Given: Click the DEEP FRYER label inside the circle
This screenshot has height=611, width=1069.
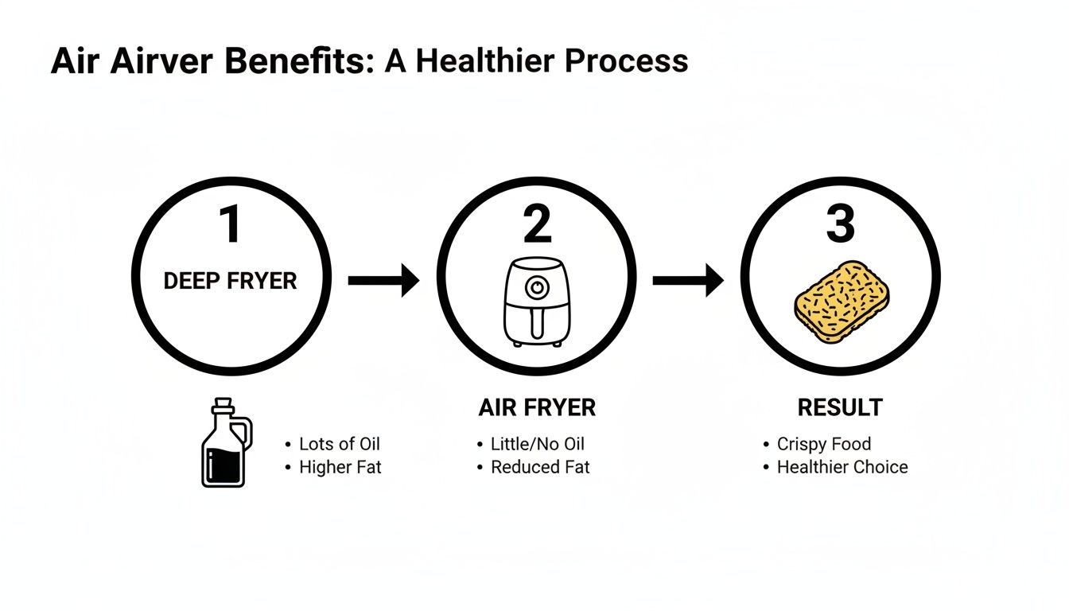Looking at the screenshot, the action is point(230,281).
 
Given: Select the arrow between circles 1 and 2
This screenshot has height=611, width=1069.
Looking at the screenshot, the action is point(383,280).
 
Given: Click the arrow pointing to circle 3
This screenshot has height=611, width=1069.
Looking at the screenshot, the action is point(688,280).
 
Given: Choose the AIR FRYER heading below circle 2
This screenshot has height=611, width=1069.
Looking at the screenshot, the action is point(537,408).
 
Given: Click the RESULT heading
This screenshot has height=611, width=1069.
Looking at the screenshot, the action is point(840,408).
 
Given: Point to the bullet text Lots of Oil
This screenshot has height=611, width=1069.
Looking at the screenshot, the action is point(340,444).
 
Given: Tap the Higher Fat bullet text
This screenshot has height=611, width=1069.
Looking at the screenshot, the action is point(340,467).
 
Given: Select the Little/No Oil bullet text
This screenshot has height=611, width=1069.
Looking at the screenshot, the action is point(538,444).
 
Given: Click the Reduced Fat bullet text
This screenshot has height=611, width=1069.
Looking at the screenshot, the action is point(540,467).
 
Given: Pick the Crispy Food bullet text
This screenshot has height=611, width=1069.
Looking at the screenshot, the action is point(824,444).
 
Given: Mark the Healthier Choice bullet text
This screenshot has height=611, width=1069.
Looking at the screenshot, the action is point(842,467).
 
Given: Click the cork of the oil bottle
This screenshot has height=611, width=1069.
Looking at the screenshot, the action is point(224,403).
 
